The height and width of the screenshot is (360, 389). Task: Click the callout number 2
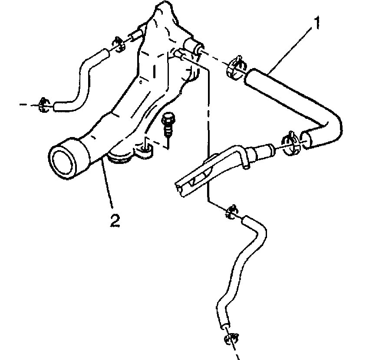point(114,221)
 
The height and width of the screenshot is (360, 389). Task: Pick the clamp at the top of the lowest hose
point(231,211)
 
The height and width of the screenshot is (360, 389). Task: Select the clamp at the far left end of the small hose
point(43,104)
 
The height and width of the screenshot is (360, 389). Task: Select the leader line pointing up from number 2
point(109,187)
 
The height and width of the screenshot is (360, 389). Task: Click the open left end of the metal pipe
point(180,187)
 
